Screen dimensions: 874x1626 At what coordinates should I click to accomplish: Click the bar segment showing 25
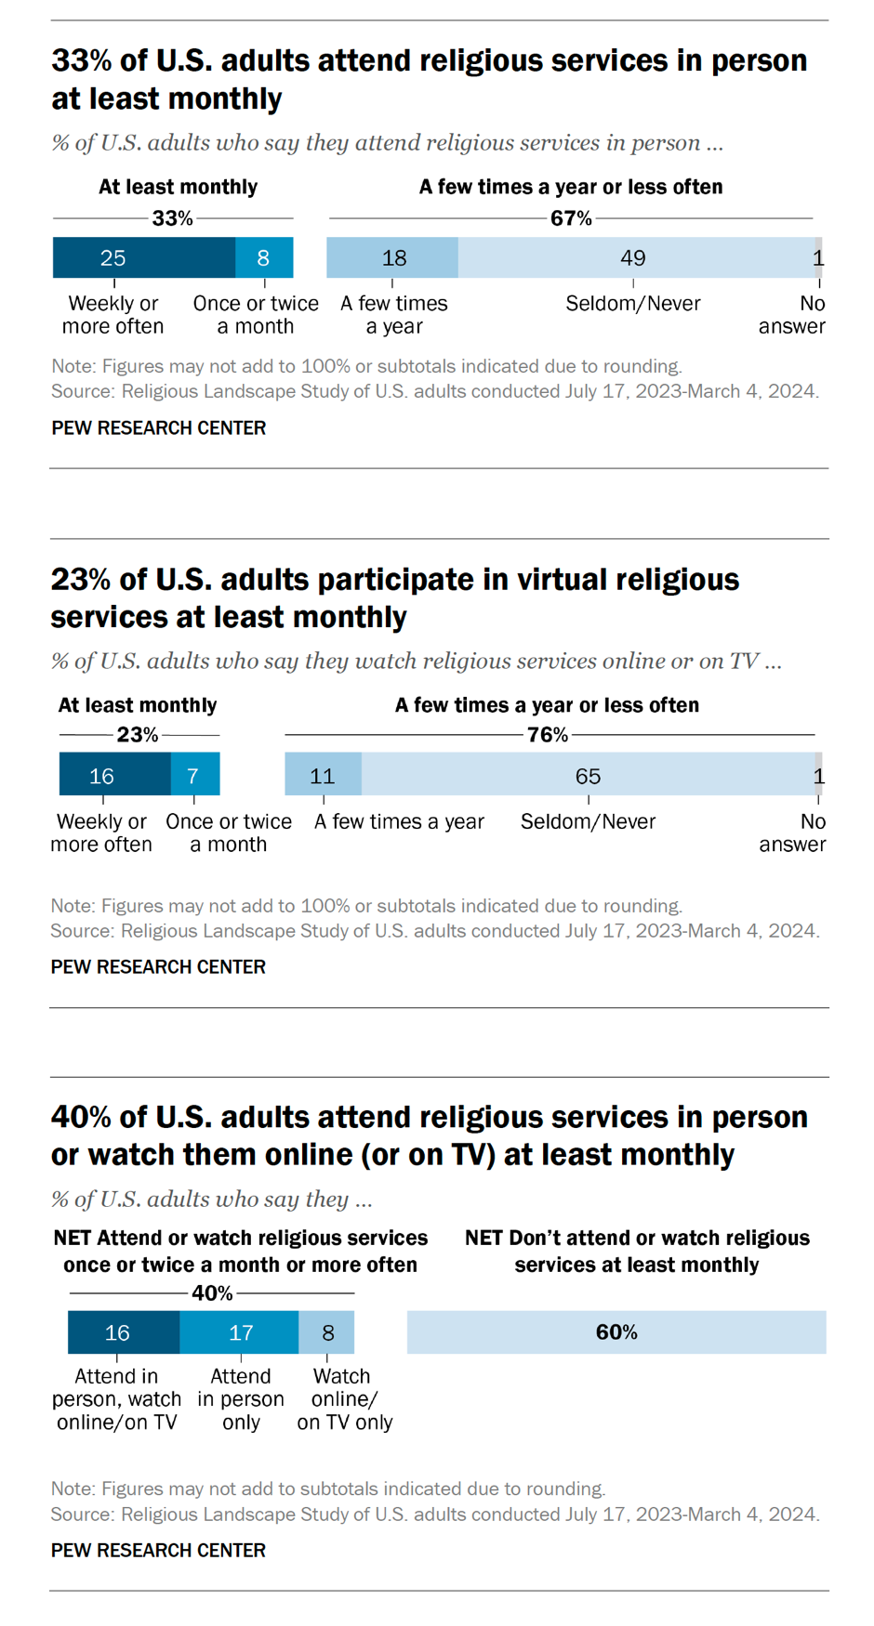[x=143, y=257]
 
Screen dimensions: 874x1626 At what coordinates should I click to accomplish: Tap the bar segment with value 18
[x=392, y=257]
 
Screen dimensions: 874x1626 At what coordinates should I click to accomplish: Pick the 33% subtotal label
[x=173, y=218]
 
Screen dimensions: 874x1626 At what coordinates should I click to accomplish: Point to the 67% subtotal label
[x=571, y=218]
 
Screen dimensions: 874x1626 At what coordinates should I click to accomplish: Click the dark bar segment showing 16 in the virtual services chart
[x=114, y=775]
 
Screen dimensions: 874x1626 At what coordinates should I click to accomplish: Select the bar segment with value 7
[x=195, y=775]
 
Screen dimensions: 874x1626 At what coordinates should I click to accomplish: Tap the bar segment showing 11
[x=323, y=775]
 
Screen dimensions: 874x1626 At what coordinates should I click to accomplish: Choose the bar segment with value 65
[x=589, y=775]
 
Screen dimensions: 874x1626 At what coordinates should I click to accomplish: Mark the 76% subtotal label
[x=548, y=735]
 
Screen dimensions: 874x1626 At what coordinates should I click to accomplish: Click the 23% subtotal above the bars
[x=138, y=735]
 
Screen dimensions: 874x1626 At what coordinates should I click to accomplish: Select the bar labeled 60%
[x=616, y=1332]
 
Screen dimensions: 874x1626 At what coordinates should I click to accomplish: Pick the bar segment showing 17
[x=239, y=1332]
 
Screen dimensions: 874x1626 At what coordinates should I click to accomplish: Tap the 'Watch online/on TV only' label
[x=345, y=1399]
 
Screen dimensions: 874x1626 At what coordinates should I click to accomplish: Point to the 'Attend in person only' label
[x=241, y=1399]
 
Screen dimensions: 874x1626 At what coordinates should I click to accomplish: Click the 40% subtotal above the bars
[x=212, y=1293]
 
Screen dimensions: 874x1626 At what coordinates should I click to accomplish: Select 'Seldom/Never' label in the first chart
[x=633, y=304]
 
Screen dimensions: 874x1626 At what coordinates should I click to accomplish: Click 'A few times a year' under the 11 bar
[x=399, y=821]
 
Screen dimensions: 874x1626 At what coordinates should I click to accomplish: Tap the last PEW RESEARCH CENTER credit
[x=158, y=1550]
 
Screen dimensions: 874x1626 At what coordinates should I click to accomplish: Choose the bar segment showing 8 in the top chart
[x=264, y=257]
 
